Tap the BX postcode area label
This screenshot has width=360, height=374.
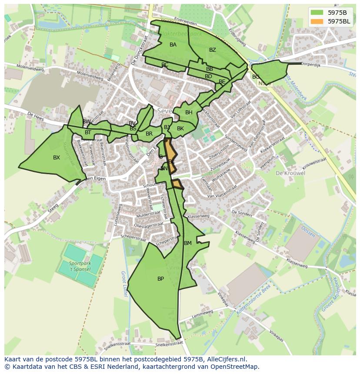57,158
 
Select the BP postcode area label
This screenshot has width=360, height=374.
160,279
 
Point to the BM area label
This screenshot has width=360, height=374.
188,243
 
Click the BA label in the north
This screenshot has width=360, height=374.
173,45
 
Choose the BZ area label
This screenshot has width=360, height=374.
212,50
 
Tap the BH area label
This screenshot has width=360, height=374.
189,113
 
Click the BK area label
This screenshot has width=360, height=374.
180,129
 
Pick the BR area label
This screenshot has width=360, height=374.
149,134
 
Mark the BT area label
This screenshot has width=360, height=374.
88,132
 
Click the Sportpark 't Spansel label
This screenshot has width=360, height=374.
79,266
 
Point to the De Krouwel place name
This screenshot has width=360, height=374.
290,173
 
